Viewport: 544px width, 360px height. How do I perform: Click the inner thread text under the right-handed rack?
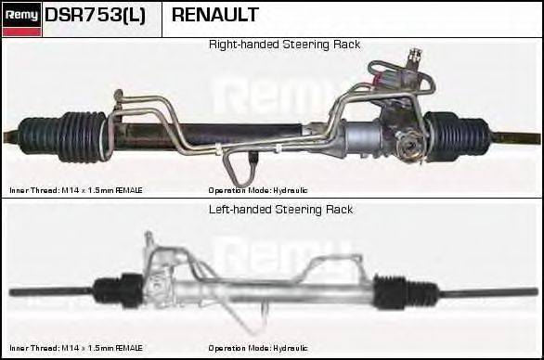coord(76,190)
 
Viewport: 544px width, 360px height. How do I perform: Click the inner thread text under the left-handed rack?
coord(76,349)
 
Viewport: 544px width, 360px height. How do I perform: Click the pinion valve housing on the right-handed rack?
coord(405,144)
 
